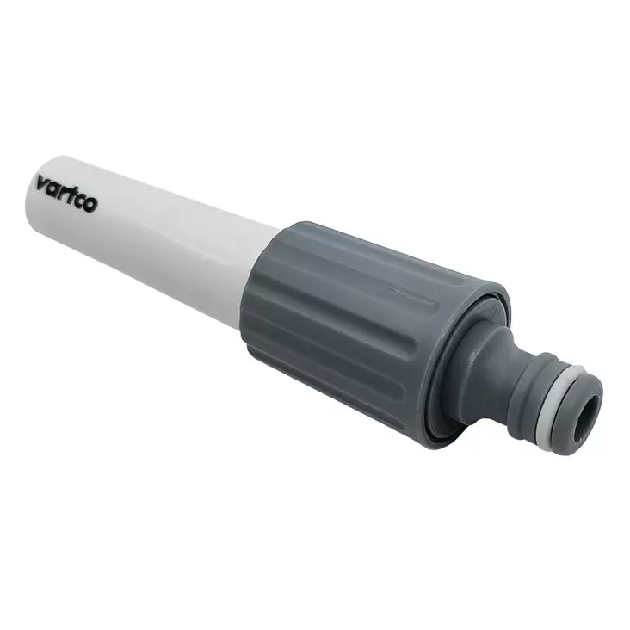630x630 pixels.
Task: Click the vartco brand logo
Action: pyautogui.click(x=66, y=194)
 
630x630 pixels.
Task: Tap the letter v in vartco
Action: pyautogui.click(x=41, y=183)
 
